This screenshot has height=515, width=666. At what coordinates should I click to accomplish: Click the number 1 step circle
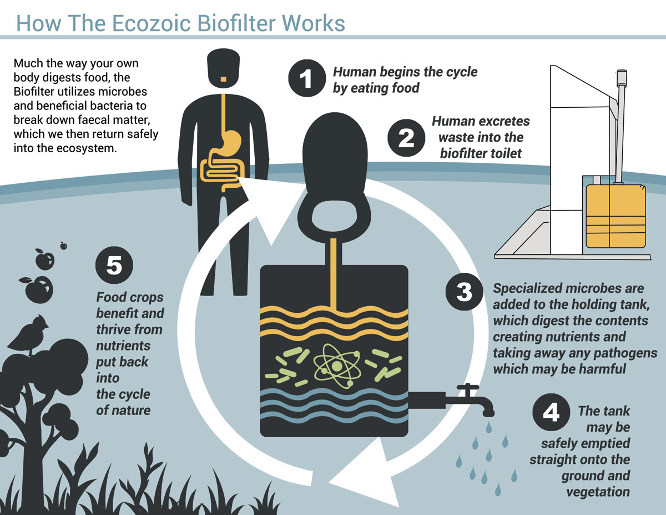pyautogui.click(x=306, y=79)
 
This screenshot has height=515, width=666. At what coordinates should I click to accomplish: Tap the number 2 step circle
pyautogui.click(x=406, y=137)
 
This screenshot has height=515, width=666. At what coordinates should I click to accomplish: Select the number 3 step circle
pyautogui.click(x=464, y=291)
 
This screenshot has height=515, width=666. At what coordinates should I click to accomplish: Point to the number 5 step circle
pyautogui.click(x=114, y=266)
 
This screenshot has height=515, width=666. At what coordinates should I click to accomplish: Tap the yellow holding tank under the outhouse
pyautogui.click(x=617, y=216)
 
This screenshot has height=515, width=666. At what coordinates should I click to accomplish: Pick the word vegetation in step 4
pyautogui.click(x=598, y=491)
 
